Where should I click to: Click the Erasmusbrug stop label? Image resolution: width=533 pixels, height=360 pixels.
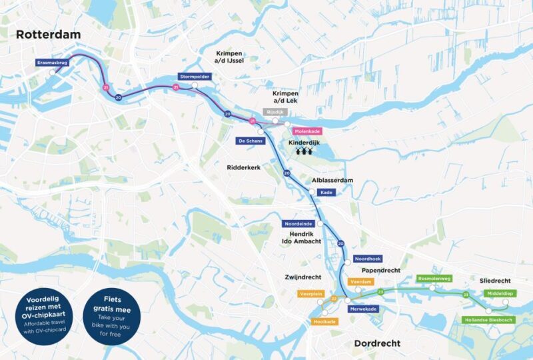coord(53,63)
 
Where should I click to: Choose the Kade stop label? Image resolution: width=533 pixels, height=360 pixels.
coord(326,192)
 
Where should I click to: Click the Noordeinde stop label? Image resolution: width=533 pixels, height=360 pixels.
coord(298,224)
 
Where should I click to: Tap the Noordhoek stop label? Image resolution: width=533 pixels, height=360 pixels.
coord(368,259)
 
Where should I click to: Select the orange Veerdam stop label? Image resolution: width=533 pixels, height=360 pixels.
coord(360,282)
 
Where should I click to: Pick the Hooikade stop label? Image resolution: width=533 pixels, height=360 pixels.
coord(325,321)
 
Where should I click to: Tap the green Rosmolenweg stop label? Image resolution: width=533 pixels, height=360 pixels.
coord(434,278)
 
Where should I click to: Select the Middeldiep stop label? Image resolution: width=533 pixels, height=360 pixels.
coord(500,293)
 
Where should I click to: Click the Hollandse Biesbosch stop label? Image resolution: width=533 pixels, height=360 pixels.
coord(488,320)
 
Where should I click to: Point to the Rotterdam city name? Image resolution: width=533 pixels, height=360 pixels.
coord(48,34)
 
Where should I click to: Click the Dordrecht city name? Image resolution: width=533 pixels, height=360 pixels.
coord(373,343)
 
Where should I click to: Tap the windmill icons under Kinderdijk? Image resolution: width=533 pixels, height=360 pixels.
coord(304,152)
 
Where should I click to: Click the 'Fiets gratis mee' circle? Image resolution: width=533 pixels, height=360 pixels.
coord(107,313)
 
